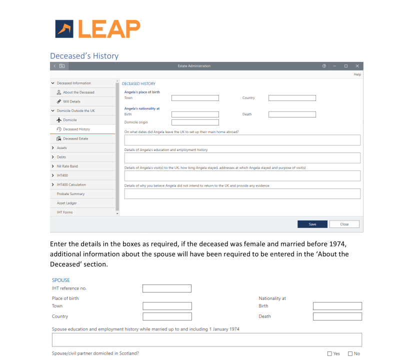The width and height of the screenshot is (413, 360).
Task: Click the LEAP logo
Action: click(x=98, y=29)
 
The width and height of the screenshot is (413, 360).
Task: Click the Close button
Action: click(x=344, y=224)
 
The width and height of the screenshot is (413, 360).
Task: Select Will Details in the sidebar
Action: click(x=71, y=101)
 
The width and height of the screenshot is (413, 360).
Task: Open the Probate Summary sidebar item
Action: click(x=70, y=194)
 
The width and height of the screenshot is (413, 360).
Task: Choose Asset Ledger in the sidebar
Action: click(x=66, y=203)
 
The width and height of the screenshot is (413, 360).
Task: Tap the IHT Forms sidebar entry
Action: click(x=64, y=212)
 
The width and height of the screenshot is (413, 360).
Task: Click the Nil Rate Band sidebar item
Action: click(x=67, y=166)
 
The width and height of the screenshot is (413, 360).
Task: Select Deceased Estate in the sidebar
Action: click(x=75, y=138)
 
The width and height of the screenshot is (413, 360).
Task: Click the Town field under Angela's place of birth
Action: click(x=195, y=98)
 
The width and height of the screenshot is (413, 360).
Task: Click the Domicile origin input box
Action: click(x=195, y=122)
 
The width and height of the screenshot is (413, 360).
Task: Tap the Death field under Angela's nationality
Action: click(x=292, y=114)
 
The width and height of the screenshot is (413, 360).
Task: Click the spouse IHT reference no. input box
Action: click(x=166, y=288)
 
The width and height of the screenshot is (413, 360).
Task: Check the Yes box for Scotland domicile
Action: click(x=329, y=354)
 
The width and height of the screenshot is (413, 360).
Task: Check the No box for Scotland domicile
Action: click(x=350, y=354)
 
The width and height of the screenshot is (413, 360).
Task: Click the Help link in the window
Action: click(x=357, y=74)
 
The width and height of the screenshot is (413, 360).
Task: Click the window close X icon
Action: click(x=357, y=66)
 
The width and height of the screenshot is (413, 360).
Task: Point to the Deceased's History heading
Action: click(x=84, y=55)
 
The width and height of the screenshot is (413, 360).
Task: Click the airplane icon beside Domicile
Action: click(x=59, y=120)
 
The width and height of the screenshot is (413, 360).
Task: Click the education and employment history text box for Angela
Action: click(x=242, y=158)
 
